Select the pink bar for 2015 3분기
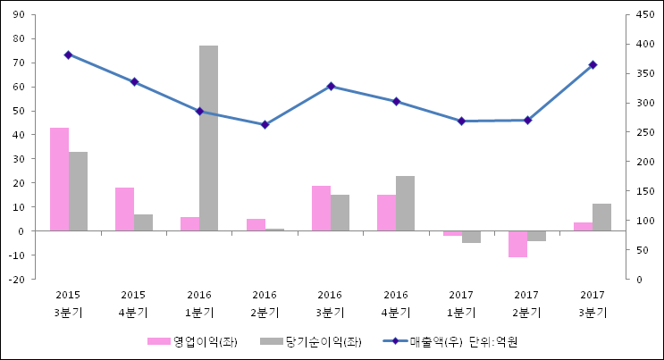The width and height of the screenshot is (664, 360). [x=59, y=179]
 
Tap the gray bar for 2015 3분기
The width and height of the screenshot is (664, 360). [x=78, y=191]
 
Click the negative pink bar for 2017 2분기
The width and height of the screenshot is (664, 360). [x=517, y=244]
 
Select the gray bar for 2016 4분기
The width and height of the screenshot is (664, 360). [x=405, y=203]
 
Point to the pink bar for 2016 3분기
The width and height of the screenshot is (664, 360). [x=321, y=208]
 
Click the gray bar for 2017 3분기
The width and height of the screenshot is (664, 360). [x=601, y=217]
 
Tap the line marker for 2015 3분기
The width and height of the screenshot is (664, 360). [x=68, y=54]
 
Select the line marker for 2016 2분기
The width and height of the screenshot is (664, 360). [x=265, y=124]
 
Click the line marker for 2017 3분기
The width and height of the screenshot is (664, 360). [x=593, y=64]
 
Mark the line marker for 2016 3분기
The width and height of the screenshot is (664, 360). [x=331, y=86]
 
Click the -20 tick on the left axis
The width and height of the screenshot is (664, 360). [x=17, y=280]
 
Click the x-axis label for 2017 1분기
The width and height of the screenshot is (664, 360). [x=461, y=303]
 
